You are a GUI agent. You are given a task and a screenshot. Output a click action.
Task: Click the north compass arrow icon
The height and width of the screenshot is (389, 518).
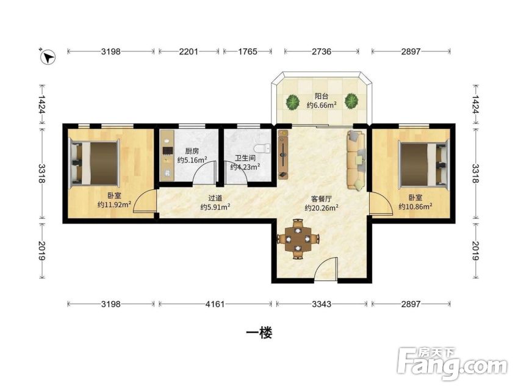[x=48, y=57]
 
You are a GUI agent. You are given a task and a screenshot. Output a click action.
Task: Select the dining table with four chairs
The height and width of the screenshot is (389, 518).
[x=298, y=239]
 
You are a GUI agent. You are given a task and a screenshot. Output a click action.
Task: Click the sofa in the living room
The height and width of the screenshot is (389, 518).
[x=356, y=160]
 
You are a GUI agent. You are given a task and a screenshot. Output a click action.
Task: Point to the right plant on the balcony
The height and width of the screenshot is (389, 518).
[x=351, y=101]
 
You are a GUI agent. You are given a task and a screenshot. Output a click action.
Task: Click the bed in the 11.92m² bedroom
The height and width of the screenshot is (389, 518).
[x=93, y=162]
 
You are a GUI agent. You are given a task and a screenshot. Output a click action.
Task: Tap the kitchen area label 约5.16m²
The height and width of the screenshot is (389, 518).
[x=192, y=160]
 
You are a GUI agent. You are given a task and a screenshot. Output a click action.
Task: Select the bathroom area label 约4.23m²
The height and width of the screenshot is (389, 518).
[x=245, y=167]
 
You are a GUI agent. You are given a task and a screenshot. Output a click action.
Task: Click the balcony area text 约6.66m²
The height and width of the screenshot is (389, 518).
[x=322, y=105]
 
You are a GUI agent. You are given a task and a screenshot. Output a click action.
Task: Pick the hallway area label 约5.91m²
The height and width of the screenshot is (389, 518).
[x=215, y=207]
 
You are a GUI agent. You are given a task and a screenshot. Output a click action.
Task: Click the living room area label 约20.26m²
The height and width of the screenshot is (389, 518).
[x=321, y=208]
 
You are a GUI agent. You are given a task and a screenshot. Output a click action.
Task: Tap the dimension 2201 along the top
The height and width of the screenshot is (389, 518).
[x=189, y=51]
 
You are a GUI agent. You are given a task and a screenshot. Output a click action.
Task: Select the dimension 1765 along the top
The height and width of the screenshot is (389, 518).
[x=248, y=51]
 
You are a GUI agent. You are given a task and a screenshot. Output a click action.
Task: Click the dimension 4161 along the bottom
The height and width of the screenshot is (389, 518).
[x=215, y=304]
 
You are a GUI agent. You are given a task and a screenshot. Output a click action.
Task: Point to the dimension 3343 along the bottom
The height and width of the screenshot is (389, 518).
[x=322, y=304]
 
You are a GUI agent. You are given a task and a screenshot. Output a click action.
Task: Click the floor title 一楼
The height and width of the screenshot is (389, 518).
[x=259, y=333]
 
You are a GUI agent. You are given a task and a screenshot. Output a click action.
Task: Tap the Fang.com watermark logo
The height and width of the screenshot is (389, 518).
[x=452, y=363]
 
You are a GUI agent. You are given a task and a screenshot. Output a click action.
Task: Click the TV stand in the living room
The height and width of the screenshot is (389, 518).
[x=282, y=154]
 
